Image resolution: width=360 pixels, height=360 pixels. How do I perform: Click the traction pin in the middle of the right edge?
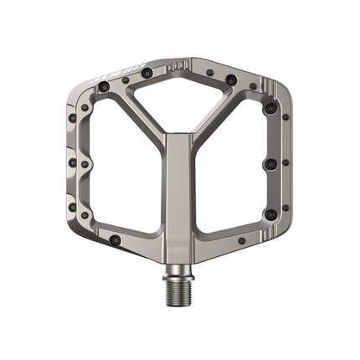270,164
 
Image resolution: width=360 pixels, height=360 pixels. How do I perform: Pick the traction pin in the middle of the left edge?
73,162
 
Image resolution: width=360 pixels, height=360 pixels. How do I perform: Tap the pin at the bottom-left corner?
115,240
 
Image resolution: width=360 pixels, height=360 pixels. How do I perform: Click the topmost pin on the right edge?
270,108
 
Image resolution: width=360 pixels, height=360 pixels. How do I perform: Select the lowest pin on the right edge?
270,215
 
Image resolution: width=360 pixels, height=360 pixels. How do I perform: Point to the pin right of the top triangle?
230,80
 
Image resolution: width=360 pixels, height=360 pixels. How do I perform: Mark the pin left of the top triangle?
147,74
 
